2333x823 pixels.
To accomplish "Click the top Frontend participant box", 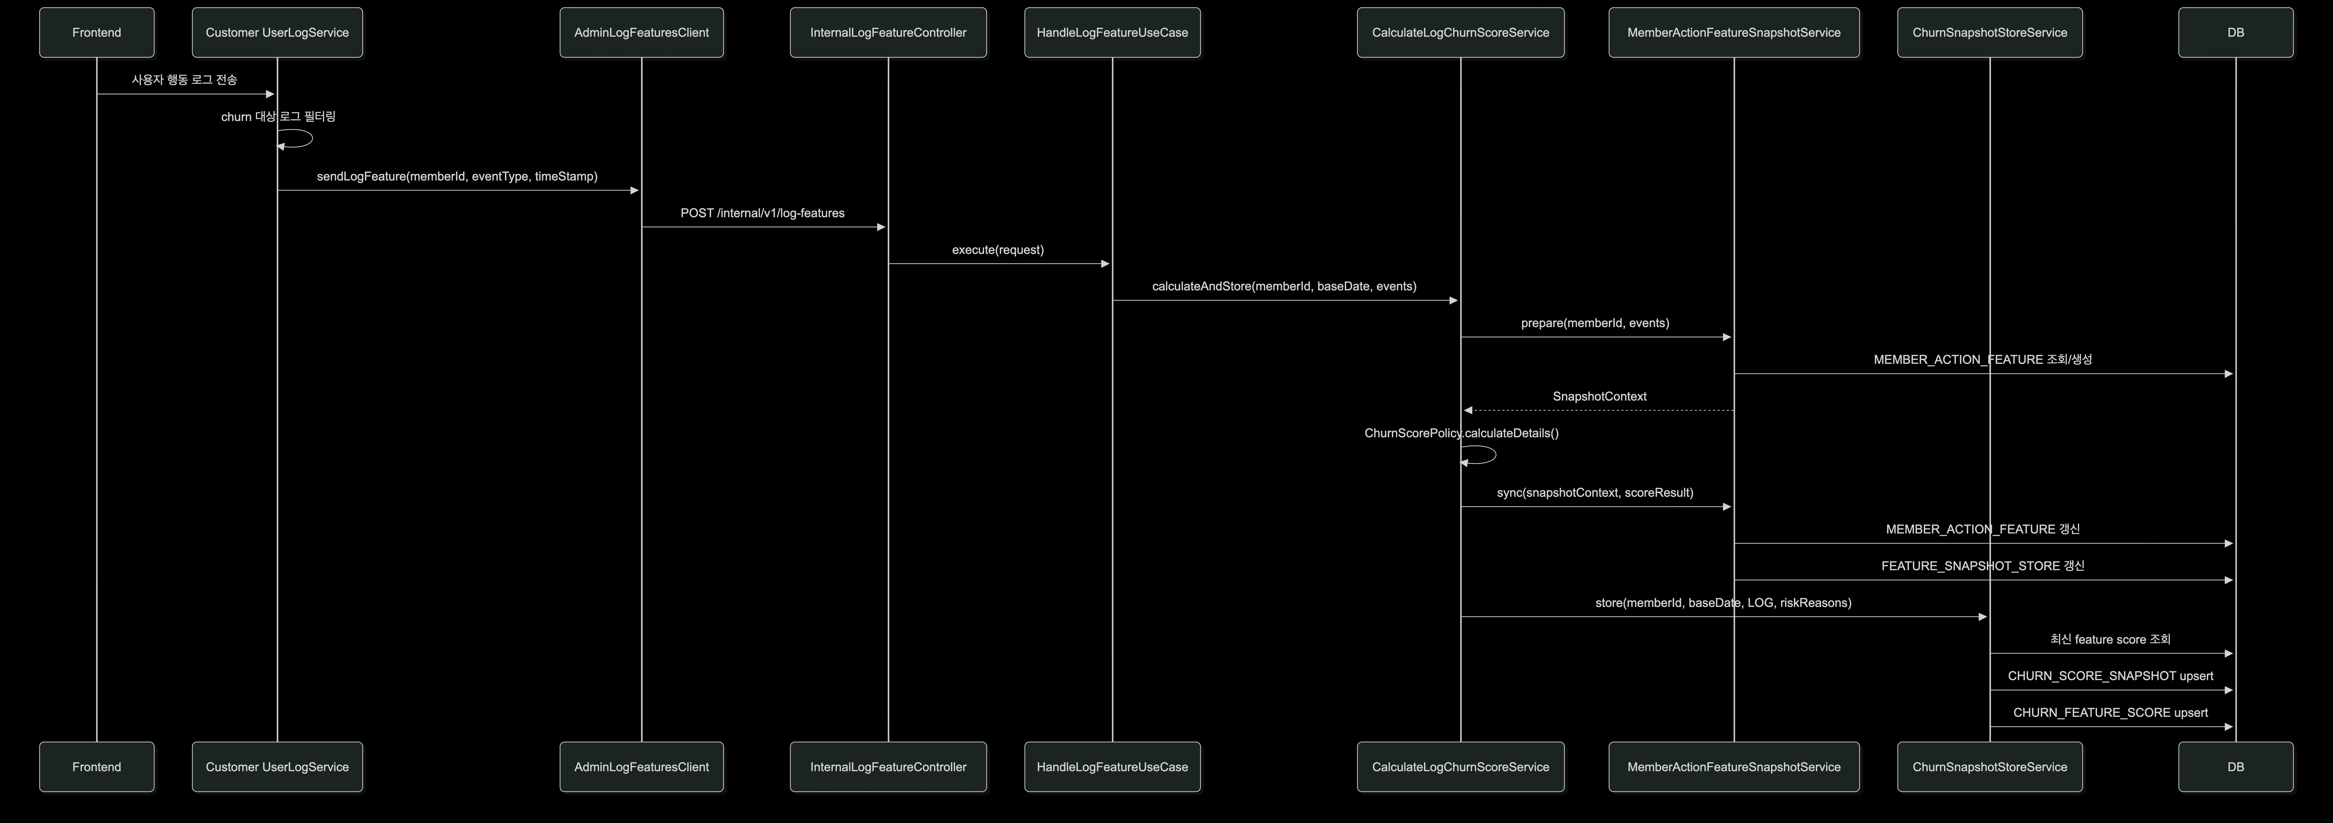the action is (97, 32).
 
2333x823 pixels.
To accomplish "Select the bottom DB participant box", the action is (2235, 767).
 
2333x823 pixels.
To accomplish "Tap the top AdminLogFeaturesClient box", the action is (641, 32).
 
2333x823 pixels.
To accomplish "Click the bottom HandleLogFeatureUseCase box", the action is (1112, 767).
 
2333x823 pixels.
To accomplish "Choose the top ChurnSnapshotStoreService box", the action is (1990, 32).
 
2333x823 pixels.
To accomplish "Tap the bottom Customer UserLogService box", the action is (277, 767).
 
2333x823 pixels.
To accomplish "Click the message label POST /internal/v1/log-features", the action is (763, 213).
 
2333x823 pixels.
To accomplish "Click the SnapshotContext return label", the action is (1599, 397).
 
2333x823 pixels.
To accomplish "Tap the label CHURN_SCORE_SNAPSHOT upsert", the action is (2110, 676).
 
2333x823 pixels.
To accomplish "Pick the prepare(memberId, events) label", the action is (1595, 323).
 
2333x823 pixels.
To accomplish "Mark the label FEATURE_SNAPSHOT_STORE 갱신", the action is (1982, 566).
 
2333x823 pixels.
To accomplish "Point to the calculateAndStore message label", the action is (1284, 286).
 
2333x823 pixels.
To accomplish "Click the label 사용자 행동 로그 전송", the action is (185, 80).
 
